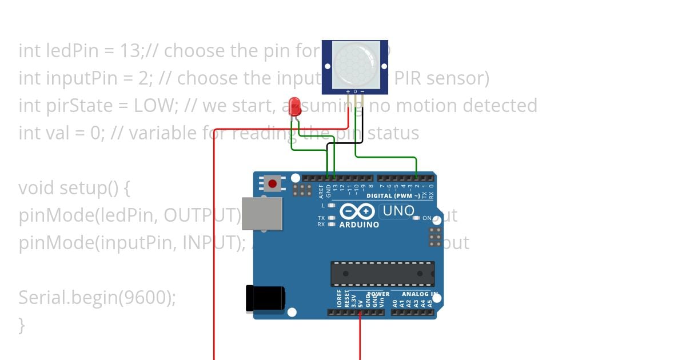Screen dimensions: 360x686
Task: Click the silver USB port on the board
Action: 262,214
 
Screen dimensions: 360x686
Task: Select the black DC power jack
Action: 264,299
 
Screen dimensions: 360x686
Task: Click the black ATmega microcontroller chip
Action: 382,274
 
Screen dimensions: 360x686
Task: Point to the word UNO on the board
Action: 398,211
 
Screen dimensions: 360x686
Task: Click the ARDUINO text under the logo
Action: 359,225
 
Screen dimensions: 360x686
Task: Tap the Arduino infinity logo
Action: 358,211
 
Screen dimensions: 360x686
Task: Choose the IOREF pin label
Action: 340,299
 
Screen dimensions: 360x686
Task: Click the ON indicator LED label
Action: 426,218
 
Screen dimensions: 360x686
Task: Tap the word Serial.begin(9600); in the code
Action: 97,298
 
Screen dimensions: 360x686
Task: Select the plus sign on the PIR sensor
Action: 348,91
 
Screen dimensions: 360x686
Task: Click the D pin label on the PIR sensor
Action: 355,91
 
